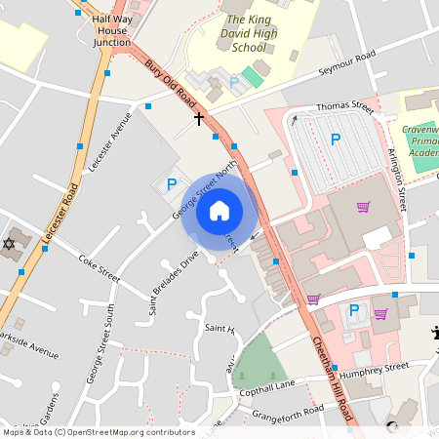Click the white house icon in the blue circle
tap(219, 210)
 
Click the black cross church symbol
tap(199, 118)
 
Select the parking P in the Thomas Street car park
tap(336, 140)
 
